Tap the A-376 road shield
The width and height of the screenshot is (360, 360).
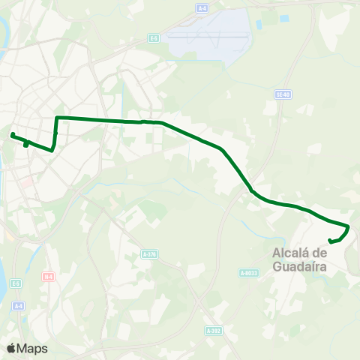pyautogui.click(x=149, y=254)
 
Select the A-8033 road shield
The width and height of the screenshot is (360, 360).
pyautogui.click(x=249, y=273)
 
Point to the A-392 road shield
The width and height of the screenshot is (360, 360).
pyautogui.click(x=213, y=330)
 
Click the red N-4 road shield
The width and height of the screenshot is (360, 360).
pyautogui.click(x=48, y=276)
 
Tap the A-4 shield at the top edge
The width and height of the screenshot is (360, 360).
pyautogui.click(x=202, y=8)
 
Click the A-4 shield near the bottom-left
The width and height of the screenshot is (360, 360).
pyautogui.click(x=19, y=305)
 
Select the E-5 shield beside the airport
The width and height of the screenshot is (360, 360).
pyautogui.click(x=154, y=38)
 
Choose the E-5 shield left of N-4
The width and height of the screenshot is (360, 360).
pyautogui.click(x=16, y=283)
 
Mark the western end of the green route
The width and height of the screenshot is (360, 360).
pyautogui.click(x=12, y=135)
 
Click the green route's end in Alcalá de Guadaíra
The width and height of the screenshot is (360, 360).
pyautogui.click(x=331, y=241)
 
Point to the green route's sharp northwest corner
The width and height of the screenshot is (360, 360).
pyautogui.click(x=58, y=117)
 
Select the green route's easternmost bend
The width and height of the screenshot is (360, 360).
pyautogui.click(x=349, y=227)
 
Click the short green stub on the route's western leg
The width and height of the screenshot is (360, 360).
pyautogui.click(x=26, y=144)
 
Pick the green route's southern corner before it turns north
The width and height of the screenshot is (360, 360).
pyautogui.click(x=51, y=150)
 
